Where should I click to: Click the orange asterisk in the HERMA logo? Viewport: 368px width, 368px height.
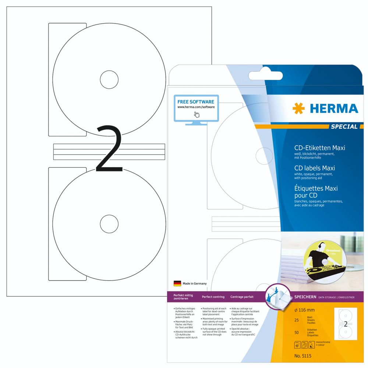(298, 109)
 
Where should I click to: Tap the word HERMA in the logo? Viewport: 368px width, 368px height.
(333, 109)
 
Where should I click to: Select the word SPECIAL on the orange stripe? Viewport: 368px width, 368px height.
(344, 127)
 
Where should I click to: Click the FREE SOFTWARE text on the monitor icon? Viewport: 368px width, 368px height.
(195, 102)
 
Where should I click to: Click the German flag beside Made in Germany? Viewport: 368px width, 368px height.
(177, 283)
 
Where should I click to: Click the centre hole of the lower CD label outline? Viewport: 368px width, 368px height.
(109, 223)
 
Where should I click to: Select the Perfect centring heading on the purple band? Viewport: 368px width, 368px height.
(213, 297)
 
